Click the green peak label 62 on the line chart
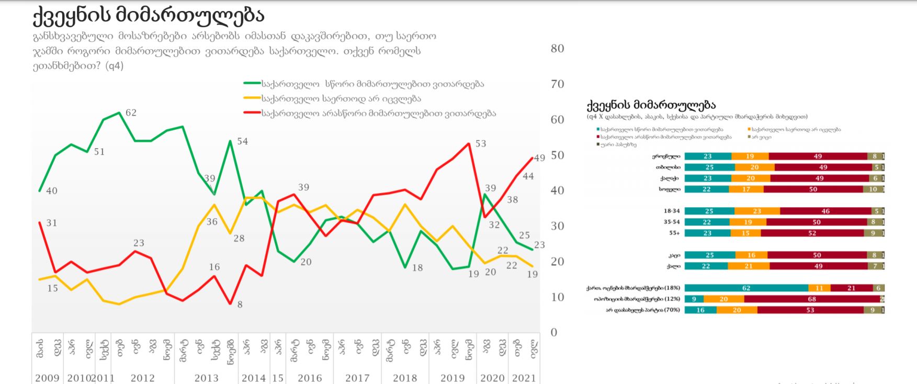point(131,112)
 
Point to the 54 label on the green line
point(242,141)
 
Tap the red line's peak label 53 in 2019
point(480,143)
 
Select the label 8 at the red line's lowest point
point(240,304)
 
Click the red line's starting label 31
point(51,223)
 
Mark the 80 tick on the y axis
point(557,49)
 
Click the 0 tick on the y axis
point(554,332)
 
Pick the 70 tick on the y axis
point(557,84)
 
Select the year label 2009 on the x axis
point(47,378)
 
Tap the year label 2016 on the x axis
point(310,378)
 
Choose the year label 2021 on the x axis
point(524,378)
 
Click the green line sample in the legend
point(252,84)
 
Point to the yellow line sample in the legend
point(252,98)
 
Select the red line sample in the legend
point(252,113)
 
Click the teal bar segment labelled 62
point(746,288)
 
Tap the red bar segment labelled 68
point(811,299)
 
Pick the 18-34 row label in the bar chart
point(672,211)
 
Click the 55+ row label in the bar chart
point(674,233)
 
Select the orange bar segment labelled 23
point(757,211)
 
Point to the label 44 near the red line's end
point(528,176)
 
